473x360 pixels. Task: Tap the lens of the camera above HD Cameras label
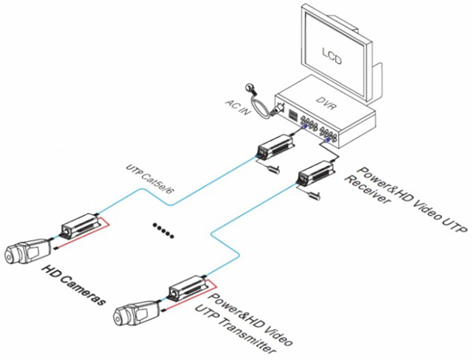[x=10, y=255]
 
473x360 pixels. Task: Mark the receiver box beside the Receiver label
[x=313, y=173]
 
